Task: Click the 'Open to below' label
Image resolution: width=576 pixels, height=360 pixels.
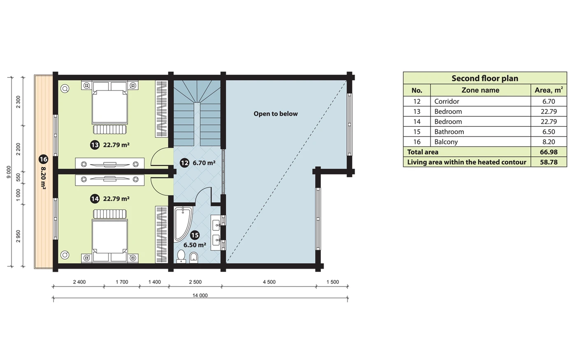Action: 275,114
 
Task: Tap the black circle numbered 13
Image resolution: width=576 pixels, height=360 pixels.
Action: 95,145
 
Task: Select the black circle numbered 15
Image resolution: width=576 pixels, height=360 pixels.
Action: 195,235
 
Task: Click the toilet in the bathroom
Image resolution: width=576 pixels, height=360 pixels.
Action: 181,256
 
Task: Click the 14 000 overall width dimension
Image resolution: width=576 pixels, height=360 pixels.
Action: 200,295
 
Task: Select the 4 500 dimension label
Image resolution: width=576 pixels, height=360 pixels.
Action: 269,282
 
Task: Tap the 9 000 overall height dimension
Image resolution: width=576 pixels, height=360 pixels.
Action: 9,172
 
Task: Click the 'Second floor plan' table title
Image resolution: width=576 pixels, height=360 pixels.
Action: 485,78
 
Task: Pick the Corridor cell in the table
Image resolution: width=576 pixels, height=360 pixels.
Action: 447,101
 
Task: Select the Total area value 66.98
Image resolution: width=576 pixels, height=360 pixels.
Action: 549,152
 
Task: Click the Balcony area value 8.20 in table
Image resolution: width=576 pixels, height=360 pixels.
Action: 549,142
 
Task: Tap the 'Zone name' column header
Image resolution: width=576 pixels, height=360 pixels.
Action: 481,90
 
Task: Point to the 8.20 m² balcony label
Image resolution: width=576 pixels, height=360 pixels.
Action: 43,179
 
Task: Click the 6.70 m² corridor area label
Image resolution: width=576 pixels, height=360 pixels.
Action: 204,163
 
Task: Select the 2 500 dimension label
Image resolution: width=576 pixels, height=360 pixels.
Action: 195,282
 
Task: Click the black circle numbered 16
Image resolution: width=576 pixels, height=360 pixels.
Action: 43,159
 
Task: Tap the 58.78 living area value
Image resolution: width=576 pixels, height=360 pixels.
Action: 549,162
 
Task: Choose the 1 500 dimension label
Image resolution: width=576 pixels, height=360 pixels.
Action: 333,282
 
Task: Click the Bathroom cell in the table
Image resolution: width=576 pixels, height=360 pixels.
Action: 449,132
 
